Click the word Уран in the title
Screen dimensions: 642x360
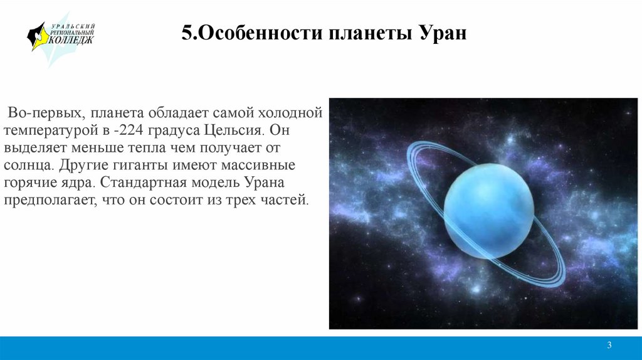click(443, 33)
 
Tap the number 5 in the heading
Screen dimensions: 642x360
click(187, 33)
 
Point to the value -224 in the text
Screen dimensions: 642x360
click(129, 130)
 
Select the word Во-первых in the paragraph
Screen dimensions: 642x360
click(46, 113)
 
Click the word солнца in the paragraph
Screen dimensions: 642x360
click(28, 166)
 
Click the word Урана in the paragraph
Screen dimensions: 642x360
click(265, 183)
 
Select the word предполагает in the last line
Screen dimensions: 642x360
click(50, 200)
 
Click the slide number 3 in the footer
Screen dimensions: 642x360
click(609, 345)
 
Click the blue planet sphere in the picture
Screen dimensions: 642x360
click(489, 211)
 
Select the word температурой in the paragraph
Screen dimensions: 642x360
click(51, 131)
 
